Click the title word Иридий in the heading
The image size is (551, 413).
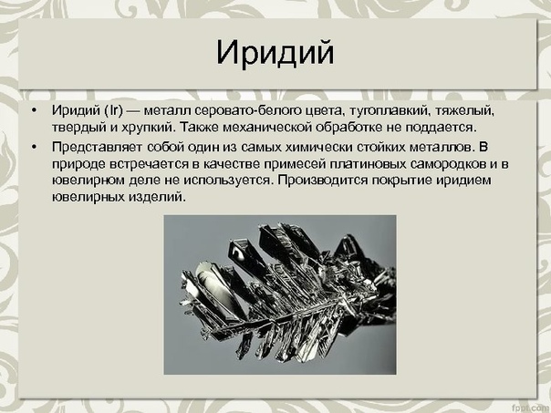[x=275, y=54]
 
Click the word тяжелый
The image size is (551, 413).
[x=465, y=111]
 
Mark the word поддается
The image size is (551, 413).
[x=441, y=128]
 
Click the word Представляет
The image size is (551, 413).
[x=98, y=147]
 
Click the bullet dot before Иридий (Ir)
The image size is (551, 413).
[x=34, y=111]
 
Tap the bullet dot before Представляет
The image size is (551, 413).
[x=34, y=147]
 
